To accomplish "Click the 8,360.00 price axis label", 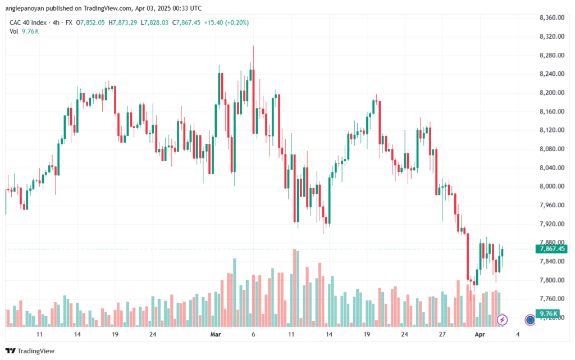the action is (x=552, y=17).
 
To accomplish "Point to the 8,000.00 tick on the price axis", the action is (x=552, y=186).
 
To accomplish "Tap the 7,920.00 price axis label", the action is (x=552, y=224).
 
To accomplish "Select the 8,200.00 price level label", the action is (x=552, y=92).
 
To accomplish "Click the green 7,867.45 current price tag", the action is (x=551, y=249).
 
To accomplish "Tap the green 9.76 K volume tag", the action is (x=548, y=313).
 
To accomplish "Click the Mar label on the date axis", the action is (x=216, y=334).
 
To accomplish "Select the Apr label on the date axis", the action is (x=480, y=334).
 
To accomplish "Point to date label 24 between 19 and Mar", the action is (x=153, y=334).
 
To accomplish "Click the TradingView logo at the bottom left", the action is (x=30, y=351).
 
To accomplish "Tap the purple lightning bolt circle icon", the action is (x=502, y=320).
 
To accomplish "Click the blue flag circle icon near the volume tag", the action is (x=530, y=320).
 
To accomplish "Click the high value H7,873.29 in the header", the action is (x=122, y=22).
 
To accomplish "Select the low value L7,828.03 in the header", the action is (x=154, y=22).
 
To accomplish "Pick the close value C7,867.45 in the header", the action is (x=186, y=22).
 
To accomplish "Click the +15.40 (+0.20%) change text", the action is (x=226, y=22).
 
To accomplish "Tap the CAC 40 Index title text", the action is (x=28, y=22).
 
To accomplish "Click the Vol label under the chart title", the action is (x=13, y=31).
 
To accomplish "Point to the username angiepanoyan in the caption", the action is (x=25, y=8).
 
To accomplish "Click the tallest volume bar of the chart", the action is (x=294, y=288).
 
